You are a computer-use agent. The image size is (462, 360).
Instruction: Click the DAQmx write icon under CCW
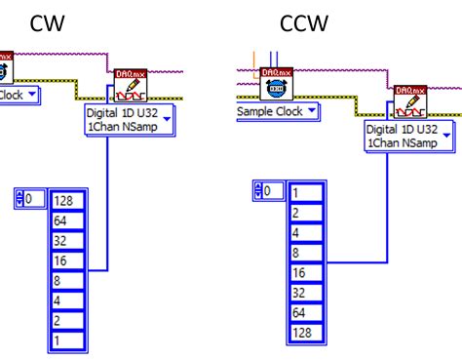coord(408,101)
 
